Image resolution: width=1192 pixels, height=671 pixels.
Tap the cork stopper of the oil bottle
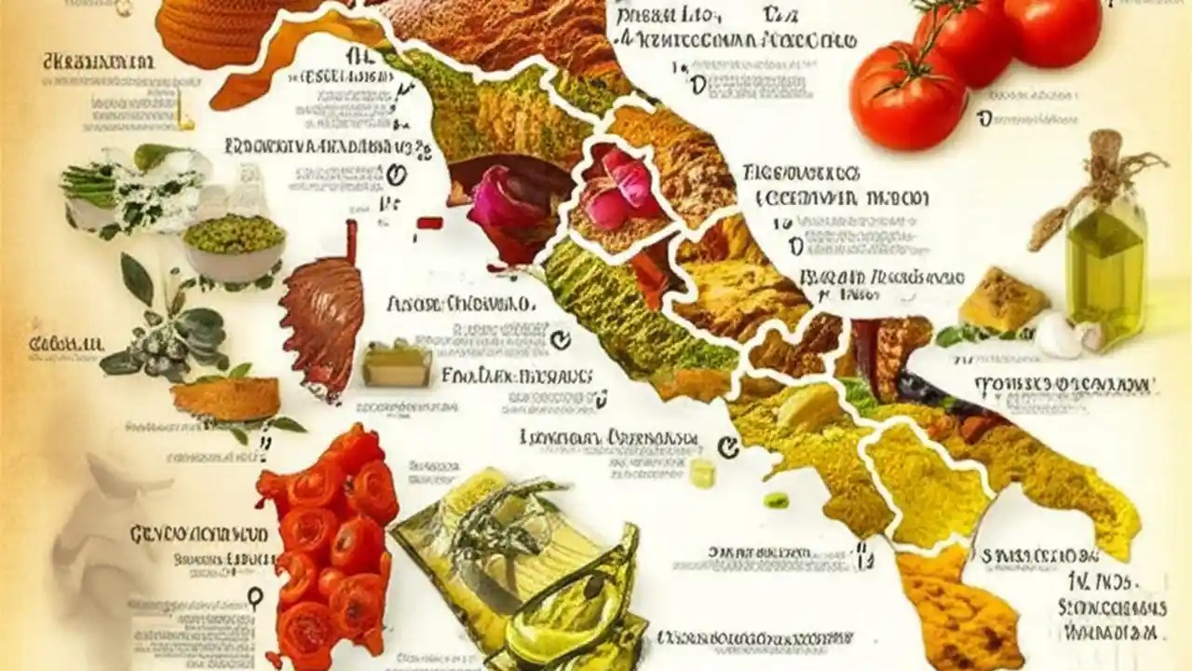(x=1105, y=149)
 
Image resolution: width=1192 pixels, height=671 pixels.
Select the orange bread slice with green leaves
(x=226, y=398)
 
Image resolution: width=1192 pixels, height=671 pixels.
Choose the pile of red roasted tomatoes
(x=326, y=545)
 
